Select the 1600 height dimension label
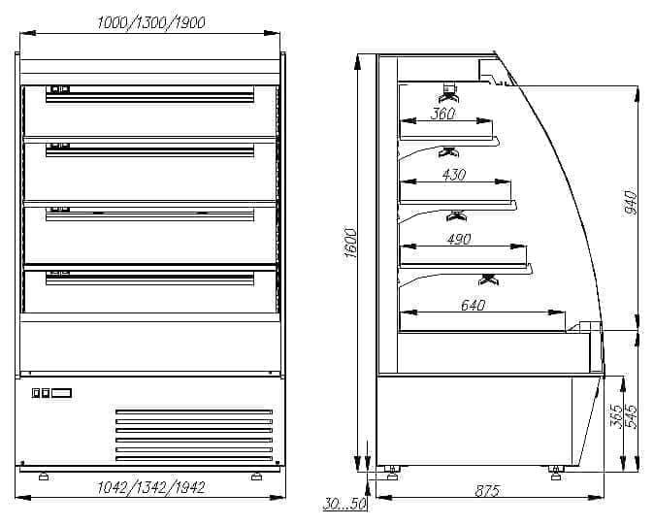point(351,243)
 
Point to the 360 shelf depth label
point(442,114)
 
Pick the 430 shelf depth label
point(453,175)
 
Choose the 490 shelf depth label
point(458,239)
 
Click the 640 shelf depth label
point(472,305)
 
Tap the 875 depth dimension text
point(487,492)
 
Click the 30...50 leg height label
point(343,505)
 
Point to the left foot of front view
point(43,476)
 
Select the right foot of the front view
point(256,476)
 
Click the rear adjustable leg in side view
point(392,472)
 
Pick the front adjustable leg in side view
point(555,472)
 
